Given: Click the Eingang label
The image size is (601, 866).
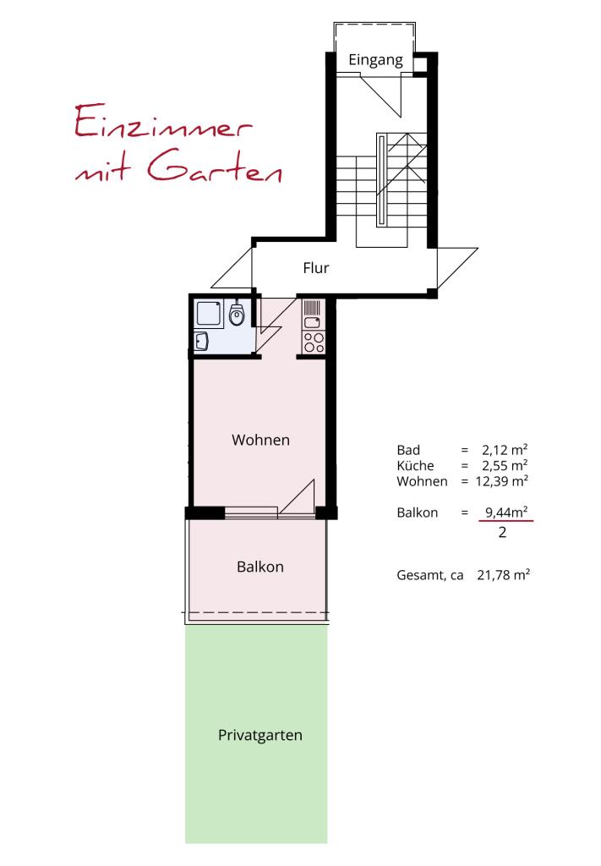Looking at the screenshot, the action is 376,60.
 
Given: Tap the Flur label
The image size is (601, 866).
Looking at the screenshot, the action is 315,268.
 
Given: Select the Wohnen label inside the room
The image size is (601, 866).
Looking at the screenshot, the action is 260,440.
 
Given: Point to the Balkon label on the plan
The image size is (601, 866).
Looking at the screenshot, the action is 260,567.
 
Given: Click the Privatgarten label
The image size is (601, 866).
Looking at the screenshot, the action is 260,736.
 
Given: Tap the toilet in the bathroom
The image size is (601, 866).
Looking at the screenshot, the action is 237,315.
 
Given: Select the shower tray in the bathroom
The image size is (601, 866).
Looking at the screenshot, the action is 209,315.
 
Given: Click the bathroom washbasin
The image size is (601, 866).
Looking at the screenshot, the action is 201,341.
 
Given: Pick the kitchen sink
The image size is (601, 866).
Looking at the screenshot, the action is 313,322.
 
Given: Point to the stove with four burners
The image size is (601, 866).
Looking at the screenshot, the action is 314,342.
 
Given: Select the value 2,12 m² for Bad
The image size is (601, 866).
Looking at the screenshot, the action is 505,450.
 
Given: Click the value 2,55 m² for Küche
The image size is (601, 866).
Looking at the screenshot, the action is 505,465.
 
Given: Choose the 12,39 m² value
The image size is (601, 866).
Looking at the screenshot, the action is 501,480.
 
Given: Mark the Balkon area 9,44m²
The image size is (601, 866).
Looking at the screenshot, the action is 506,512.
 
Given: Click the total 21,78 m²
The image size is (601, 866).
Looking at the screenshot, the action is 503,575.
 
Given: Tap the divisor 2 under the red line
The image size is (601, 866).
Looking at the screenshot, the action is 502,533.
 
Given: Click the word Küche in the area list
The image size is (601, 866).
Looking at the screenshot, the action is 415,465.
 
